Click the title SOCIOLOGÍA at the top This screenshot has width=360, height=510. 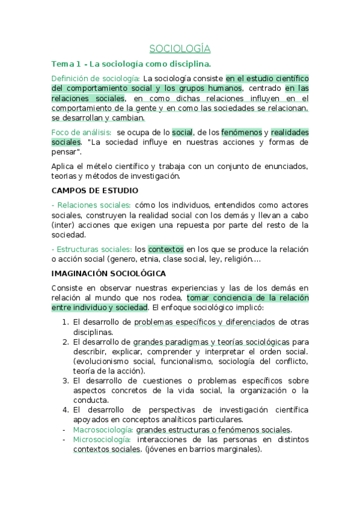tap(180, 49)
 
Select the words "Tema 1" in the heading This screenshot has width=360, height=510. tap(64, 63)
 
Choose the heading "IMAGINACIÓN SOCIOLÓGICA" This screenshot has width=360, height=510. tap(109, 274)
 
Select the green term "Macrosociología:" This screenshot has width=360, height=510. tap(102, 429)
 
